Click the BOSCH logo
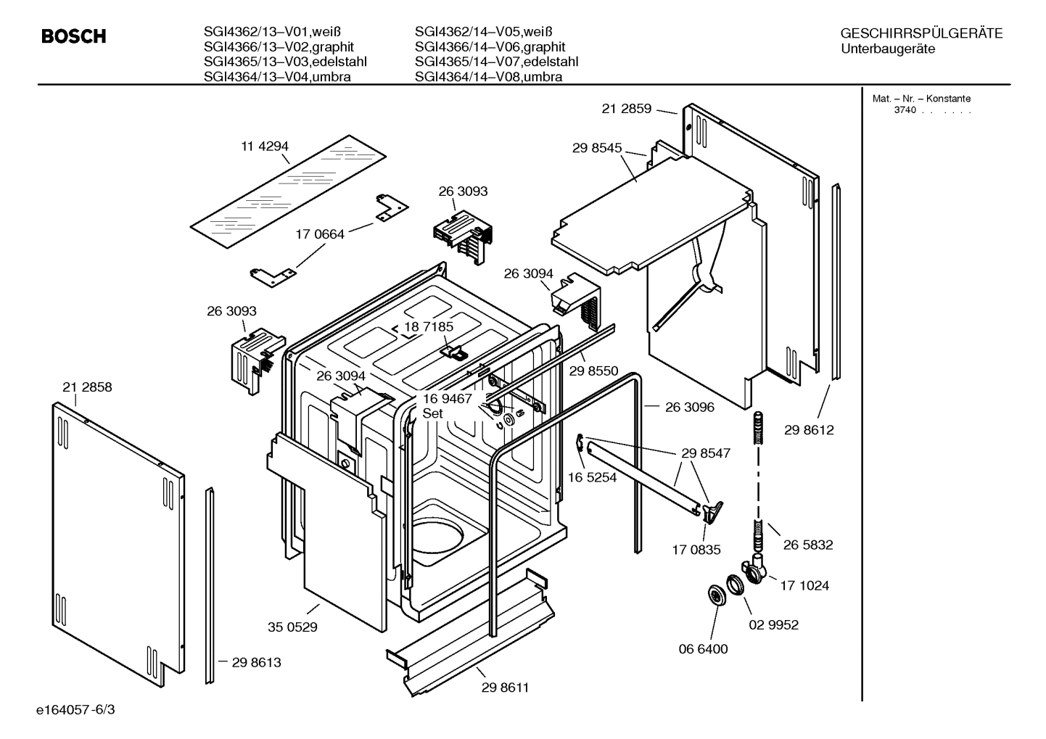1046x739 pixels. click(x=73, y=36)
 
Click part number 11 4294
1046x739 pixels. click(x=265, y=146)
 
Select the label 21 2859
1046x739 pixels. click(x=627, y=109)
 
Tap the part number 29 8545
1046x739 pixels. click(x=597, y=148)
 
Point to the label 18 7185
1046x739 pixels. click(x=428, y=327)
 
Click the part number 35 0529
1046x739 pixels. click(x=292, y=627)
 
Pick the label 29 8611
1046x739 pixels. click(x=505, y=688)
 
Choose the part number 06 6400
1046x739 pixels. click(x=703, y=649)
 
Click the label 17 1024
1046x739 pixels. click(x=804, y=585)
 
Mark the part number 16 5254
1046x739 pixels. click(x=592, y=477)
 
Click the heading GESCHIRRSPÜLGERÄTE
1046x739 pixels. click(x=921, y=33)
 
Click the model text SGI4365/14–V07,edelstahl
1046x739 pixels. click(x=496, y=62)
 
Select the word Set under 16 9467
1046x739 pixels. click(x=432, y=413)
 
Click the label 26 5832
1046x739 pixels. click(x=808, y=545)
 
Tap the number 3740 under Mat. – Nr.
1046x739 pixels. click(x=905, y=110)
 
